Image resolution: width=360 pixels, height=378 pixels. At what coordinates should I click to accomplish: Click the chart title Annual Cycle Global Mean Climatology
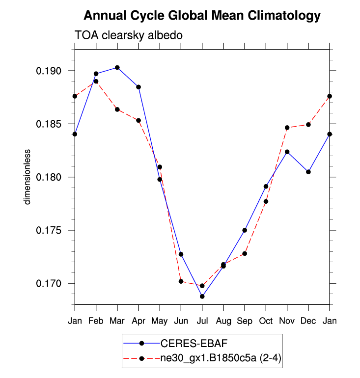[202, 16]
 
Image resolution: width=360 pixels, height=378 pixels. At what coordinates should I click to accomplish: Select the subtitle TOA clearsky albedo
[129, 35]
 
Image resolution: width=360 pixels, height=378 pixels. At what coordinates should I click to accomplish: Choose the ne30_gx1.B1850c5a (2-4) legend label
[217, 359]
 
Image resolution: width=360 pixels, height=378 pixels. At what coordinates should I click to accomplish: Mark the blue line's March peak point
[117, 67]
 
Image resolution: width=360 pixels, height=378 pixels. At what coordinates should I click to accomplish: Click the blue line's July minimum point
[202, 296]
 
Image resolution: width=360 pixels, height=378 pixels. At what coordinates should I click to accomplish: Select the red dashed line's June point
[181, 281]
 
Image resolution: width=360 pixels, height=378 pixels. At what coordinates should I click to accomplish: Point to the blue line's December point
[308, 172]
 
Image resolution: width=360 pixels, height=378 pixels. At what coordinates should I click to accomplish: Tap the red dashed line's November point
[287, 128]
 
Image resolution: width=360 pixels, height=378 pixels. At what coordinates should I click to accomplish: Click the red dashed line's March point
[117, 109]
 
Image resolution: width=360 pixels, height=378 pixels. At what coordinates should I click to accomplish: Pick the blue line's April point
[138, 87]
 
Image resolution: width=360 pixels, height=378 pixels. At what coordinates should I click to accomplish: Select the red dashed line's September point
[245, 253]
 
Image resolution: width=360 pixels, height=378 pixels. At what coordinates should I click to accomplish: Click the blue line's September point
[245, 230]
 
